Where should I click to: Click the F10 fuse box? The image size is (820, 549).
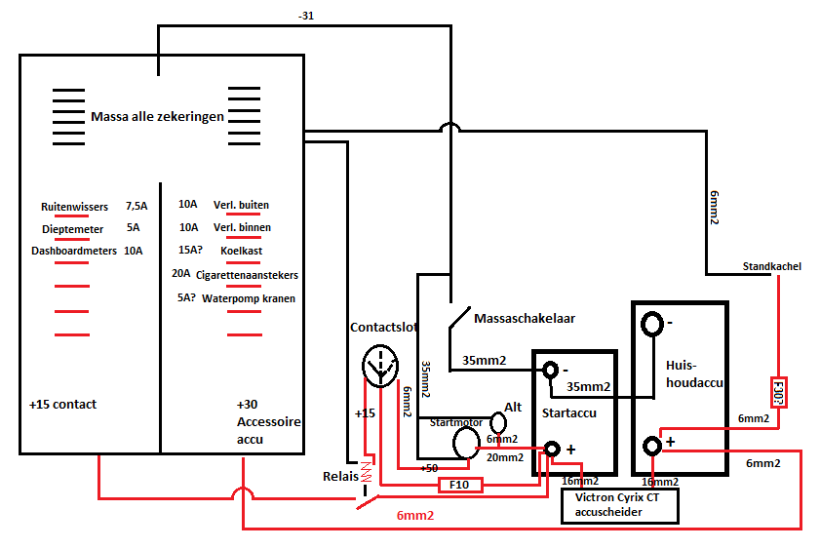point(459,485)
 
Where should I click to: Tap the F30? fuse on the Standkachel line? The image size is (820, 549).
point(778,392)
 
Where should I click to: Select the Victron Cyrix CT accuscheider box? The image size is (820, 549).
point(620,505)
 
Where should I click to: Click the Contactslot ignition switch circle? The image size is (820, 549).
point(380,366)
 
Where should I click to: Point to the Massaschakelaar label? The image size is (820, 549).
point(525,319)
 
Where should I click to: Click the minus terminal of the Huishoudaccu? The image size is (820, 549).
point(652,324)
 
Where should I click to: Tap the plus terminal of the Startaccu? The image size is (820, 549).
point(552,449)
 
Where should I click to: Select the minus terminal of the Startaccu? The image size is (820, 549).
point(550,371)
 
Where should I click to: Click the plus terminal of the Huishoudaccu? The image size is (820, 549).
point(652,446)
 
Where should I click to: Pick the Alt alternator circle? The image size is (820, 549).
point(498,422)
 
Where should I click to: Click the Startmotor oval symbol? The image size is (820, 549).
point(466,443)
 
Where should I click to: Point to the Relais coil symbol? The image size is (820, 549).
point(367,472)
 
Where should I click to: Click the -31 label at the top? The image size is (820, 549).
point(306,16)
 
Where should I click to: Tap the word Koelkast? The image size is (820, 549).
point(241,251)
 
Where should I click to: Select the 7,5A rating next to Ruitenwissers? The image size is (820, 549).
point(137,206)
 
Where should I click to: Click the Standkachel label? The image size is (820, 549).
point(772,266)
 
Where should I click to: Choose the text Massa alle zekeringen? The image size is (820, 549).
point(157,116)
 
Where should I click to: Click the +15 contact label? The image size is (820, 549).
point(62,404)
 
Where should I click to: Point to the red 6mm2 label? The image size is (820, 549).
point(415,516)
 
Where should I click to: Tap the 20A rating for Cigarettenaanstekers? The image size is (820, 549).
point(181,273)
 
